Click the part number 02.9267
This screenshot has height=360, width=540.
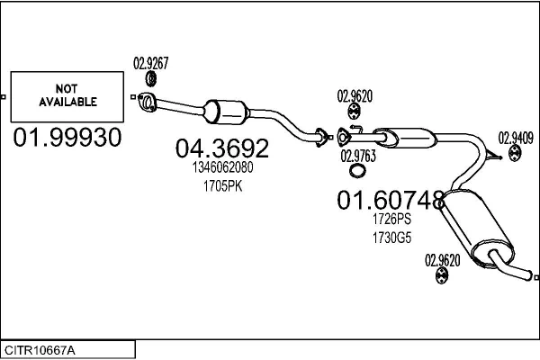coord(151,63)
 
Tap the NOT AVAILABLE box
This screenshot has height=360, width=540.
coord(67,96)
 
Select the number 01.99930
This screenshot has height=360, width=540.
coord(67,137)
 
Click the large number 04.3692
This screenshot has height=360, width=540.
coord(221,147)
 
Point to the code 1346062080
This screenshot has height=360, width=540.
coord(222,167)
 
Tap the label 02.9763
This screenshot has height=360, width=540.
coord(358,155)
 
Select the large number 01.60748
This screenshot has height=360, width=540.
coord(391,199)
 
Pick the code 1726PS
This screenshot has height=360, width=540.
coord(391,219)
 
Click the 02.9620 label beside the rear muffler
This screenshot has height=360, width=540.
coord(442,260)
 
